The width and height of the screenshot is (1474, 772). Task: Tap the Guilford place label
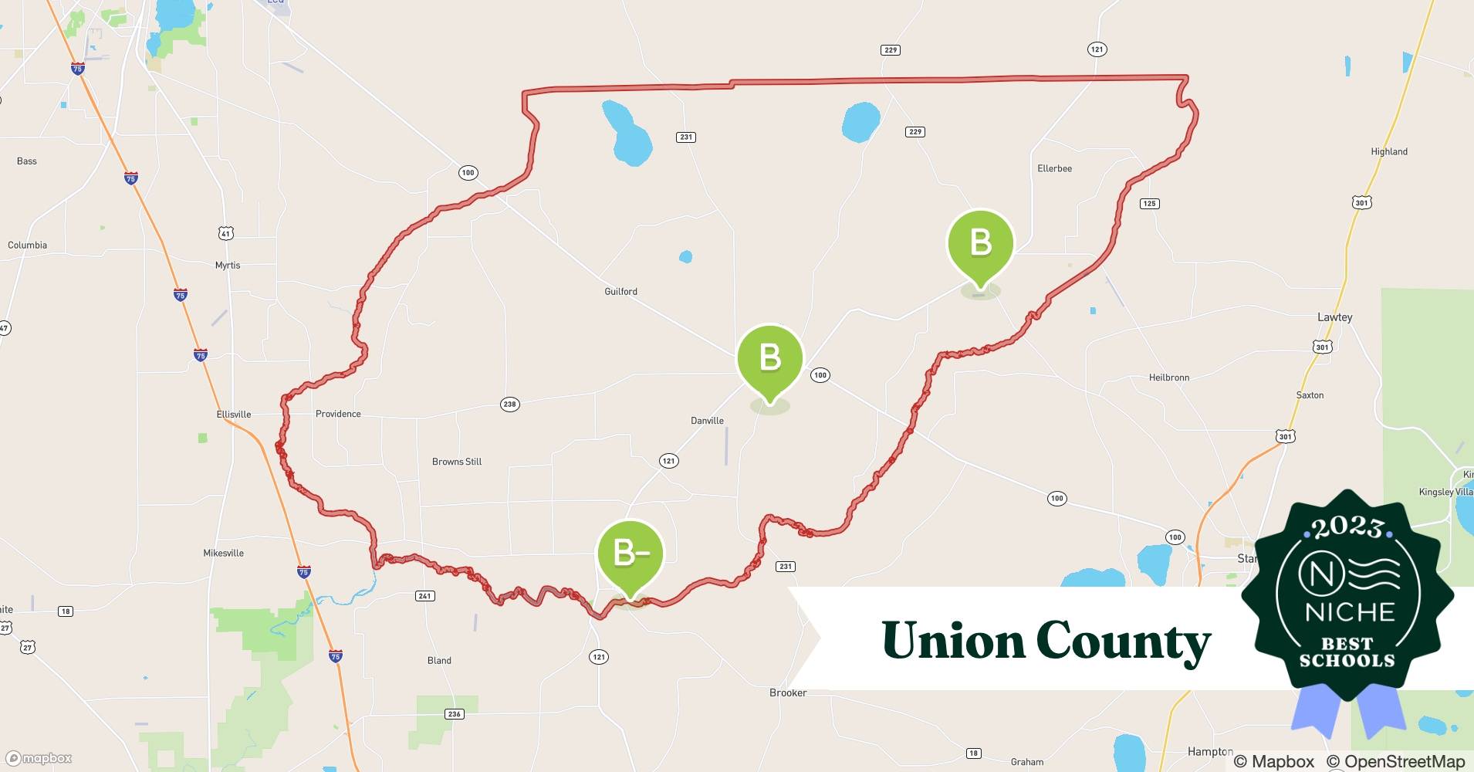point(620,292)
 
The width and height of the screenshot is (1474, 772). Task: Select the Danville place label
point(707,421)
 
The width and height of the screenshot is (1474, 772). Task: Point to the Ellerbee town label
point(1054,168)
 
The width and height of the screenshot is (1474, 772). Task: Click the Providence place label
point(338,414)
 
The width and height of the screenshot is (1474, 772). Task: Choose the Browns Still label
point(457,462)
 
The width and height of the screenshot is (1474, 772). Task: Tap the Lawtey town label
point(1334,317)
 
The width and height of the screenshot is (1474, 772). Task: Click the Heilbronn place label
point(1168,378)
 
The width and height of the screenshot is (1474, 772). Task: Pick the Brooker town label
point(788,692)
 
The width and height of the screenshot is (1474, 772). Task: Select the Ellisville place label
point(234,415)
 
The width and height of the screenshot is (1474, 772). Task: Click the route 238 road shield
point(509,405)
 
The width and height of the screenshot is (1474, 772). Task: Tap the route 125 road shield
point(1149,204)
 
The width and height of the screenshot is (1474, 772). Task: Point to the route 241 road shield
point(424,596)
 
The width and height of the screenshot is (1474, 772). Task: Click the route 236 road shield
point(455,714)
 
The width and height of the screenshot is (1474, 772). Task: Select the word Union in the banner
point(952,641)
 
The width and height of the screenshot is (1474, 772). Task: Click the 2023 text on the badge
point(1347,527)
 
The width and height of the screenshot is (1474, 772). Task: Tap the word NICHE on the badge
point(1350,612)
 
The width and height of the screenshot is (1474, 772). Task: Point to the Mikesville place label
point(223,554)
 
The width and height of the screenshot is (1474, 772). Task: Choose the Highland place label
point(1388,152)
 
